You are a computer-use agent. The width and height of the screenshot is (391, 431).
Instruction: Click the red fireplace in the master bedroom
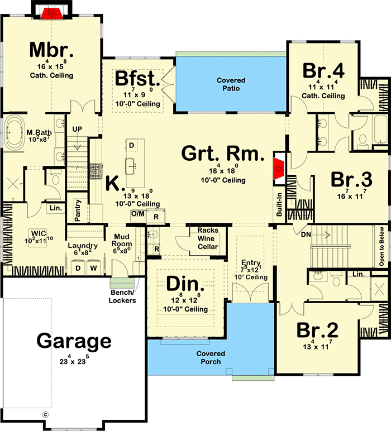(52, 13)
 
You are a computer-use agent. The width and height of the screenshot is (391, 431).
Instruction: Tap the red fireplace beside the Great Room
(279, 168)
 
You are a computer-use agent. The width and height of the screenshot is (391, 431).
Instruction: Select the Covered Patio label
(231, 84)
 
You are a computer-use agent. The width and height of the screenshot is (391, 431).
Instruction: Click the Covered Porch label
(211, 357)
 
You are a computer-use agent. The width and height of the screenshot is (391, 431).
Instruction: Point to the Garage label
(74, 341)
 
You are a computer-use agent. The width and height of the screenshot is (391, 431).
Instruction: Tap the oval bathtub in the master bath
(15, 133)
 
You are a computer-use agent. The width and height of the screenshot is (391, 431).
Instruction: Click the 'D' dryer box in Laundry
(78, 268)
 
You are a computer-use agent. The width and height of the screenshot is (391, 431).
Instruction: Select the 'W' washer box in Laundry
(93, 268)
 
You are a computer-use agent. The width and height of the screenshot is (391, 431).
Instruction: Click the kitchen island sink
(130, 166)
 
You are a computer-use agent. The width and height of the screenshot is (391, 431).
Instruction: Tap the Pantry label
(78, 210)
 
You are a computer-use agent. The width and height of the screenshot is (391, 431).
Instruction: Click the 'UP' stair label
(77, 129)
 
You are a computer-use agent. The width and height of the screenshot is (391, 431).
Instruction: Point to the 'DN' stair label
(306, 234)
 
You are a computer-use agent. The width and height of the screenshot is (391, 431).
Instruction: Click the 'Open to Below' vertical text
(382, 246)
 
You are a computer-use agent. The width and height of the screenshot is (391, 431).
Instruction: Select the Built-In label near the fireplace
(279, 204)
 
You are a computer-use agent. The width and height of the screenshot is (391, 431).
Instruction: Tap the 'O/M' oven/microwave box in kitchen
(137, 214)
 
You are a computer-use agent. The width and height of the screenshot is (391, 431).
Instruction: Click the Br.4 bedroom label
(323, 71)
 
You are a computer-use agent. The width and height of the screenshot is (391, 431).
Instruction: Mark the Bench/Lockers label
(122, 296)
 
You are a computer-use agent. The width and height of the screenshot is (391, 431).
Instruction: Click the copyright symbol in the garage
(46, 414)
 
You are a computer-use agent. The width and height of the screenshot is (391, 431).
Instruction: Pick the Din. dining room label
(185, 284)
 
